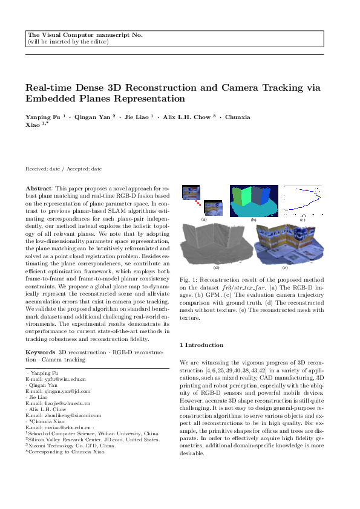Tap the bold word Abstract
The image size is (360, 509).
[x=38, y=189]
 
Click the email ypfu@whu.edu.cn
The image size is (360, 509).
[x=56, y=378]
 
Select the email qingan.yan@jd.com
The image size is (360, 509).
[x=59, y=391]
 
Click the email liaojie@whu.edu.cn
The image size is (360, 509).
[x=57, y=403]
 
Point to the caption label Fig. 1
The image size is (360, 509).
[x=186, y=297]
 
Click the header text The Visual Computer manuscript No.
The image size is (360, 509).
[x=85, y=35]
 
